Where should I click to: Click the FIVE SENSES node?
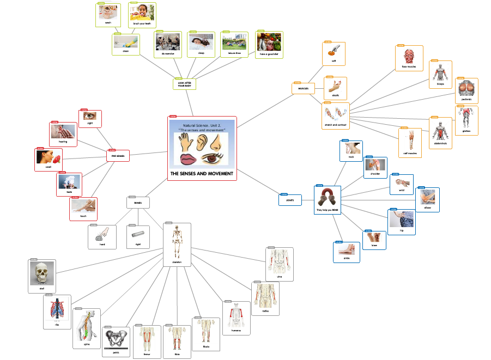118,156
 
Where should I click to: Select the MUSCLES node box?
303,88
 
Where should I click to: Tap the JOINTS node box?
290,200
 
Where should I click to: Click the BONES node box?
137,203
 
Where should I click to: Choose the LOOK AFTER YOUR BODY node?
184,84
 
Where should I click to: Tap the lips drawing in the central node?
190,160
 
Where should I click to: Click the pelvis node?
116,341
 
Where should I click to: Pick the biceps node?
440,74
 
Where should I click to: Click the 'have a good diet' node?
269,44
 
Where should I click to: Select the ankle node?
347,252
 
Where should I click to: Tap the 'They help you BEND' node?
328,199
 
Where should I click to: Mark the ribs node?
57,312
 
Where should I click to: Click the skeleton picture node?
177,244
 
